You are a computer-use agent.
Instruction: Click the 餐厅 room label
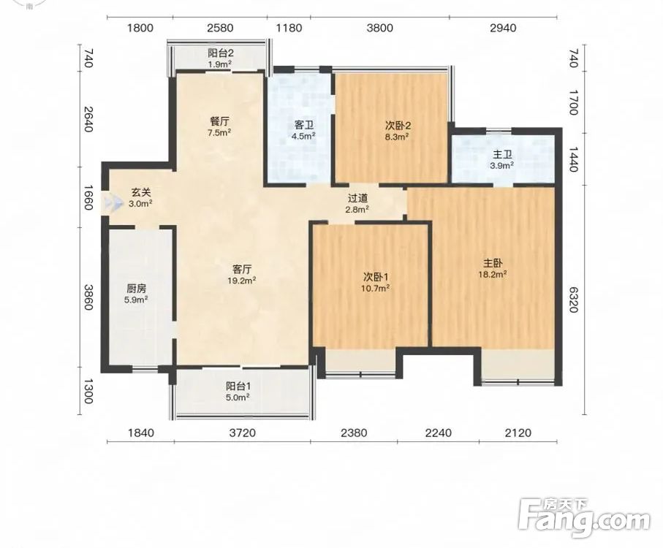(x=220, y=122)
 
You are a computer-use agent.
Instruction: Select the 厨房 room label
(x=136, y=289)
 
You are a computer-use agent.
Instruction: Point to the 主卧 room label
(x=493, y=263)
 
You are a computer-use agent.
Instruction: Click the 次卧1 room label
(x=376, y=277)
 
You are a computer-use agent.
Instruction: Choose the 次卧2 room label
(x=398, y=126)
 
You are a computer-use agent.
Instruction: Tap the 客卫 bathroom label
(x=303, y=125)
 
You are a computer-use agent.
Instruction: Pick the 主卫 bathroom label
(x=502, y=155)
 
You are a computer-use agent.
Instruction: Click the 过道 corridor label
(x=357, y=198)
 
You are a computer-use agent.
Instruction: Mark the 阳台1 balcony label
(x=238, y=386)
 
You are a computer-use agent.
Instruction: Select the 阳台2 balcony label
(x=220, y=53)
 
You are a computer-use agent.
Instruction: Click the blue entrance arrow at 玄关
(x=112, y=203)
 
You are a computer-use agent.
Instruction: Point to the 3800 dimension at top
(x=379, y=28)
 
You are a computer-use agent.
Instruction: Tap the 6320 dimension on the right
(x=573, y=300)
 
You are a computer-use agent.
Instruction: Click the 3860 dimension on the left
(x=88, y=297)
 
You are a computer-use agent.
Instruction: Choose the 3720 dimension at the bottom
(x=242, y=433)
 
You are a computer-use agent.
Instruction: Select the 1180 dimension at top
(x=289, y=28)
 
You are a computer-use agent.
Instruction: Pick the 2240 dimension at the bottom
(x=438, y=433)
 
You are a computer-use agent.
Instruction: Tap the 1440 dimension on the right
(x=573, y=159)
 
